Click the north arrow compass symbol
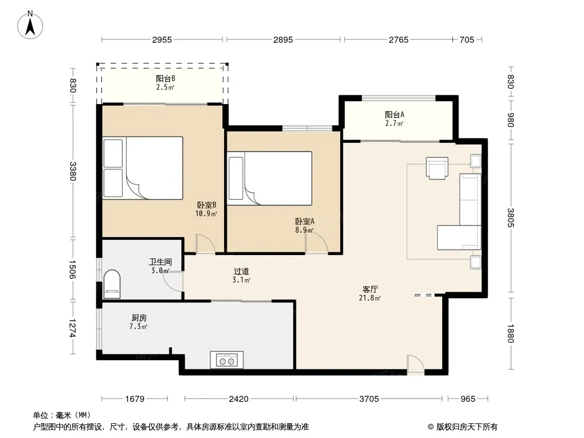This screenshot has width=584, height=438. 30,25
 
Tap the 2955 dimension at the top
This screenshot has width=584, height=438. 162,40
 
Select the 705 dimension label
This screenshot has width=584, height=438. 467,40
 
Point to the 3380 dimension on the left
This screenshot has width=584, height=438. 73,171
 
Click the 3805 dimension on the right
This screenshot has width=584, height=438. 511,218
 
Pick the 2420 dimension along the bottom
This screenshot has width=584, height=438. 239,399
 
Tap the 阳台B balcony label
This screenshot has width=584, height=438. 165,78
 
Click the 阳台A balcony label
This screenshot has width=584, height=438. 394,114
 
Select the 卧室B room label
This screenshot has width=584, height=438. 207,205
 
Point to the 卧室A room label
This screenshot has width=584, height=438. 305,221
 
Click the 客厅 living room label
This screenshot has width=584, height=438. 370,289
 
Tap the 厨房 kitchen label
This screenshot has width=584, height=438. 139,318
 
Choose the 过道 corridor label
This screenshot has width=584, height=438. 242,271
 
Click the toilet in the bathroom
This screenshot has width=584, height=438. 112,284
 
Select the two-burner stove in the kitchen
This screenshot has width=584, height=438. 227,360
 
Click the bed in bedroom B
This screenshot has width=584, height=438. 143,168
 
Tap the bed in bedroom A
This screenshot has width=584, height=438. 270,178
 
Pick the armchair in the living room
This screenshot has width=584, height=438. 437,168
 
